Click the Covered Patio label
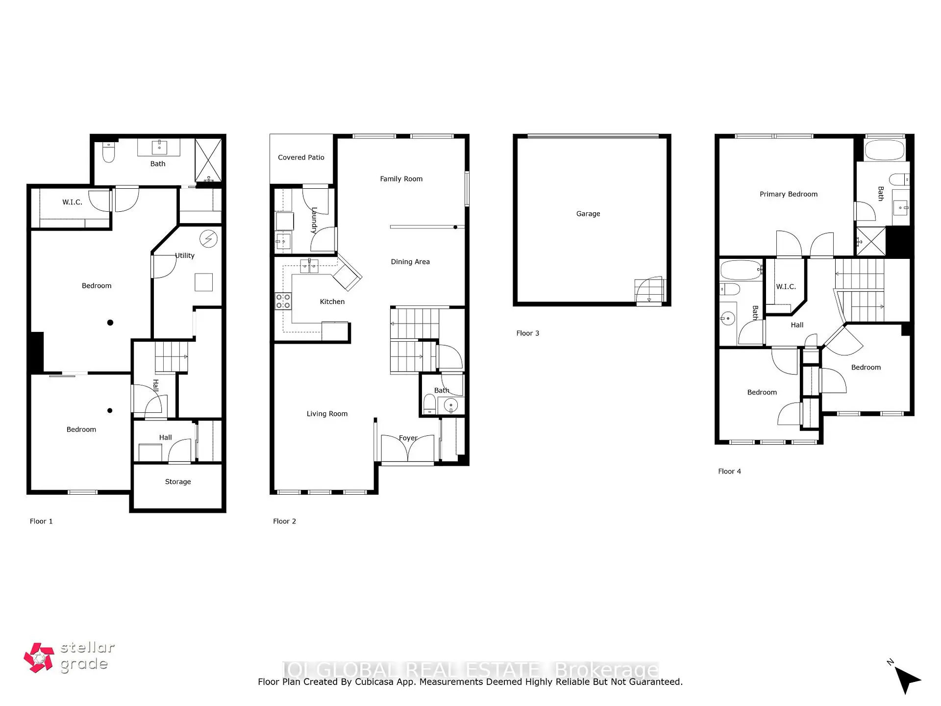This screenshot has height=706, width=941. [301, 157]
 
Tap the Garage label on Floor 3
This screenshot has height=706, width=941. [588, 214]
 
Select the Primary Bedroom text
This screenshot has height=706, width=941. [789, 194]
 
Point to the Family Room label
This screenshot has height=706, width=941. [401, 179]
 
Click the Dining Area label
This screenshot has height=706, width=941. [410, 262]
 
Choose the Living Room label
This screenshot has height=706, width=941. [327, 414]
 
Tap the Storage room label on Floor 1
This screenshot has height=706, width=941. [178, 482]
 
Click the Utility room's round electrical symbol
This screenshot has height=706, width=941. [208, 239]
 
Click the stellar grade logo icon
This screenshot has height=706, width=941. [39, 658]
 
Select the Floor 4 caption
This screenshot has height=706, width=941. [729, 471]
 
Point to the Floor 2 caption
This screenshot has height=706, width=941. [284, 521]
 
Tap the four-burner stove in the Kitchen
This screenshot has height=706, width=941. [283, 301]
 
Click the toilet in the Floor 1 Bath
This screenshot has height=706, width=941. [109, 152]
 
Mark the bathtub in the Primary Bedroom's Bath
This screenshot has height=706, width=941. [885, 151]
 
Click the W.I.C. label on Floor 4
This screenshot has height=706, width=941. [786, 287]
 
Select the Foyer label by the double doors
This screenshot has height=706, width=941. [408, 438]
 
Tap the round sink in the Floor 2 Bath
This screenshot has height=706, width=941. [450, 405]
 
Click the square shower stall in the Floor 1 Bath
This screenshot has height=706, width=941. [208, 160]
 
